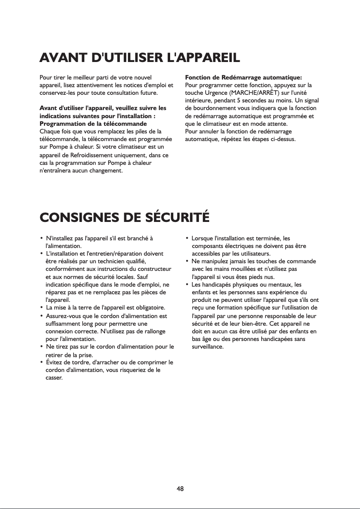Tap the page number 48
click(180, 488)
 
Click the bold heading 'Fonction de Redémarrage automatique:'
click(243, 77)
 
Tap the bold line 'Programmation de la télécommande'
click(93, 123)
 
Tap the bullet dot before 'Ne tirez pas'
click(42, 347)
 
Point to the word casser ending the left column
click(54, 378)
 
